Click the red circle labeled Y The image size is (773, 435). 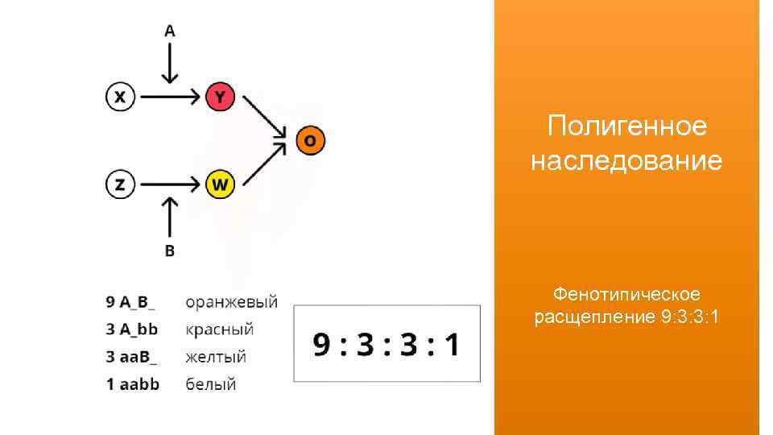point(220,97)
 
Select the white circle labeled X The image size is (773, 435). point(120,97)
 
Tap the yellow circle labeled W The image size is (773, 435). point(220,185)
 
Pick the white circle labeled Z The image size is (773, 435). point(120,185)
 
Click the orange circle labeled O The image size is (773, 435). point(310,141)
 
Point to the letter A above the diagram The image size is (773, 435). point(170,31)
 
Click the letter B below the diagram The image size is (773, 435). point(170,251)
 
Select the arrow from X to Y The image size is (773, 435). point(170,97)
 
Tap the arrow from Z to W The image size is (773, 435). point(170,185)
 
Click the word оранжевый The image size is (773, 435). point(232,303)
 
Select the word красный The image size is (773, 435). point(220,329)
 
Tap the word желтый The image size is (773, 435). point(216,356)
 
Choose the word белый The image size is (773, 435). point(211,383)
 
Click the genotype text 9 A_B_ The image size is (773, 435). point(131,303)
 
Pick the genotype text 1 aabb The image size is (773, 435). point(133,383)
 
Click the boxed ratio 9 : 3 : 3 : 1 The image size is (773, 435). point(386,344)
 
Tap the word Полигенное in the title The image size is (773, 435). point(626,126)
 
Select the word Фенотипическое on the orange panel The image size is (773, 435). point(626,294)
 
